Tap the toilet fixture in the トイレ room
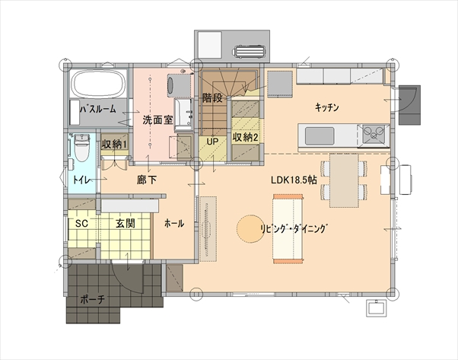[x=82, y=148]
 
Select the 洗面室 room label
[x=157, y=120]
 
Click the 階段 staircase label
[x=212, y=98]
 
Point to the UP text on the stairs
[x=212, y=142]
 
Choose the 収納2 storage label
[x=245, y=137]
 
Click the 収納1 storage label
[x=114, y=144]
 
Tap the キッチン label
[x=327, y=107]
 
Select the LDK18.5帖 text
[x=294, y=180]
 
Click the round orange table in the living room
[x=250, y=229]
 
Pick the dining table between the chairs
[x=344, y=180]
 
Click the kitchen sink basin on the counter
[x=320, y=136]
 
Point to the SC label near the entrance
[x=81, y=224]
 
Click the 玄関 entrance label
[x=126, y=224]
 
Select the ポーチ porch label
[x=92, y=300]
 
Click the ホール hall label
[x=174, y=224]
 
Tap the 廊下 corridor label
[x=147, y=180]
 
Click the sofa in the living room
[x=288, y=229]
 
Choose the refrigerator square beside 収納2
[x=280, y=83]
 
